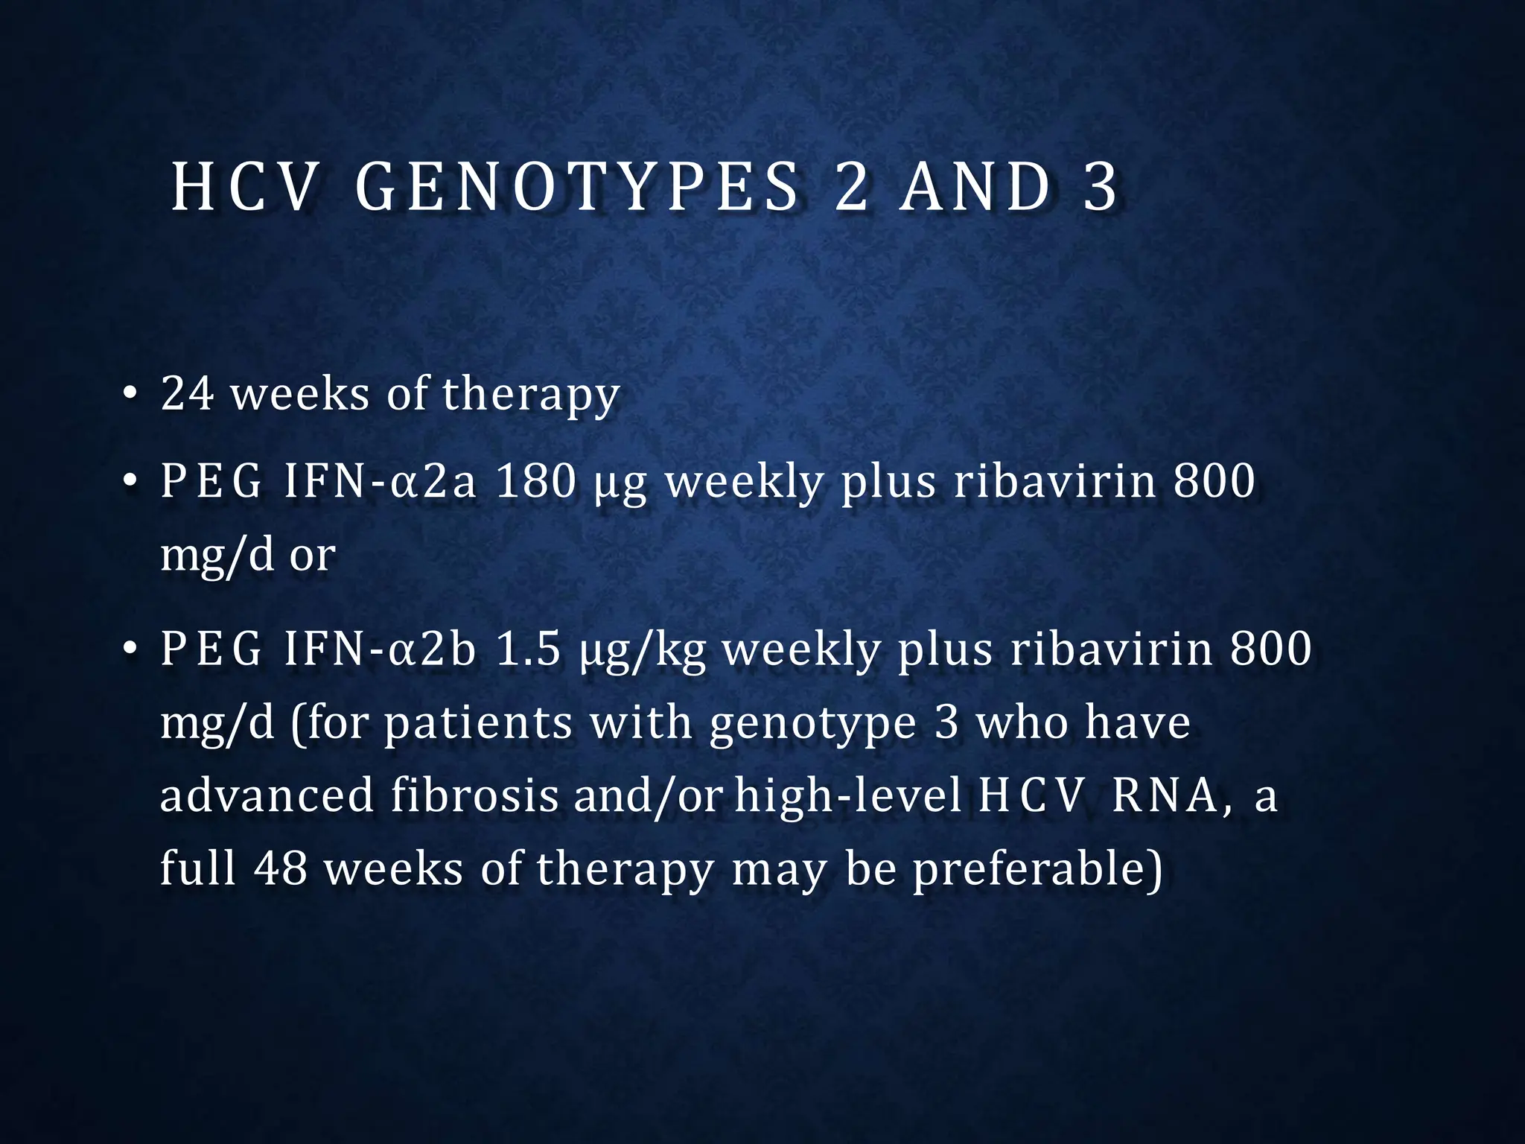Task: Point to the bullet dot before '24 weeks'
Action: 130,395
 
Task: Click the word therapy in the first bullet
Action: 531,395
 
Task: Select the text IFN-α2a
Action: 380,481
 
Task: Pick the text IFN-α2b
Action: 380,649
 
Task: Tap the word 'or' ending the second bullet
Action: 312,556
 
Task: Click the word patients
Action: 478,723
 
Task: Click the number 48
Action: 281,868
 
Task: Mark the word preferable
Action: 1036,868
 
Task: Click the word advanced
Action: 267,795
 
